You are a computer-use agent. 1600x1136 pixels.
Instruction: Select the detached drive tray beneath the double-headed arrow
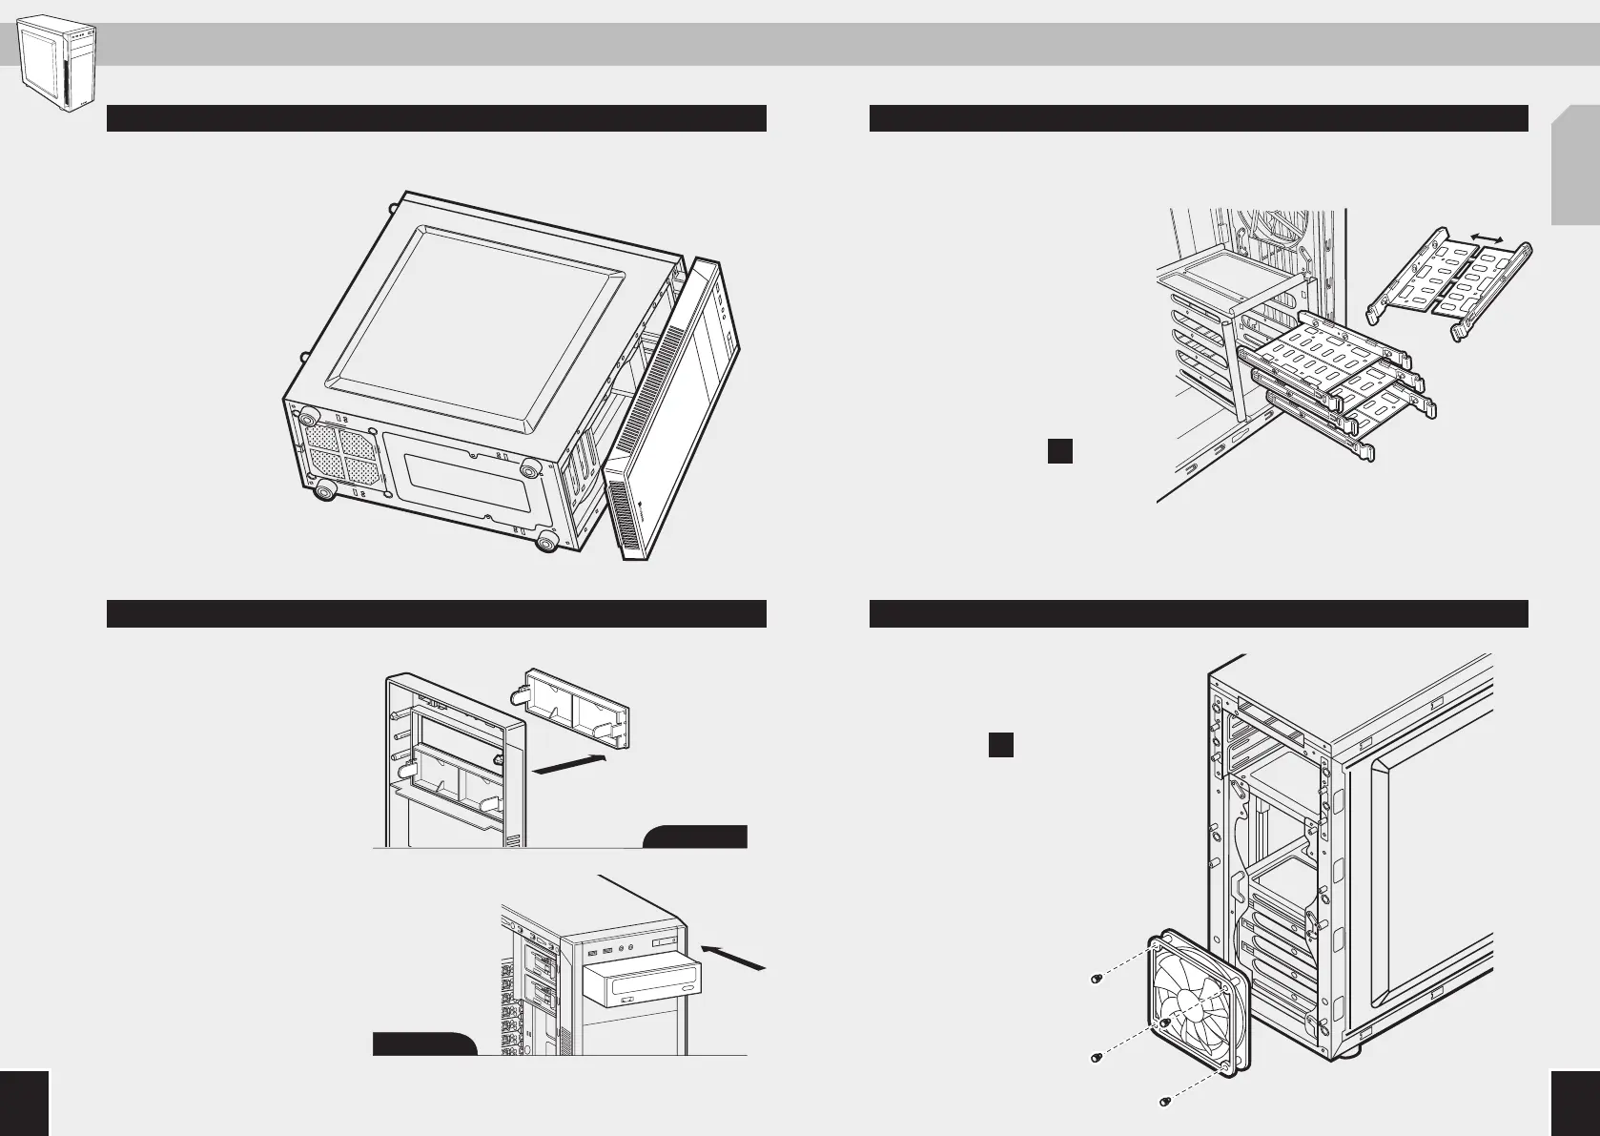click(1449, 286)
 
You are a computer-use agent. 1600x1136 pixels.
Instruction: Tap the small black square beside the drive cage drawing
click(1060, 450)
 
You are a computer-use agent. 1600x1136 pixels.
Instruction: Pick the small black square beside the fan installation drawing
click(999, 745)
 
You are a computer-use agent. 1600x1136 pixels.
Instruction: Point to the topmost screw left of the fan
click(1096, 980)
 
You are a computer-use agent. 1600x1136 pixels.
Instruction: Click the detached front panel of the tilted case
click(672, 410)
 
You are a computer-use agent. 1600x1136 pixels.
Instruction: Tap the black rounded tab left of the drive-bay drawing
click(423, 1043)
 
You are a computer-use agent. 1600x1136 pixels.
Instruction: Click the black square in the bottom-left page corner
click(23, 1103)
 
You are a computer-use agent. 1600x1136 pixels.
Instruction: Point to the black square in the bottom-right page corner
click(1576, 1103)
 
